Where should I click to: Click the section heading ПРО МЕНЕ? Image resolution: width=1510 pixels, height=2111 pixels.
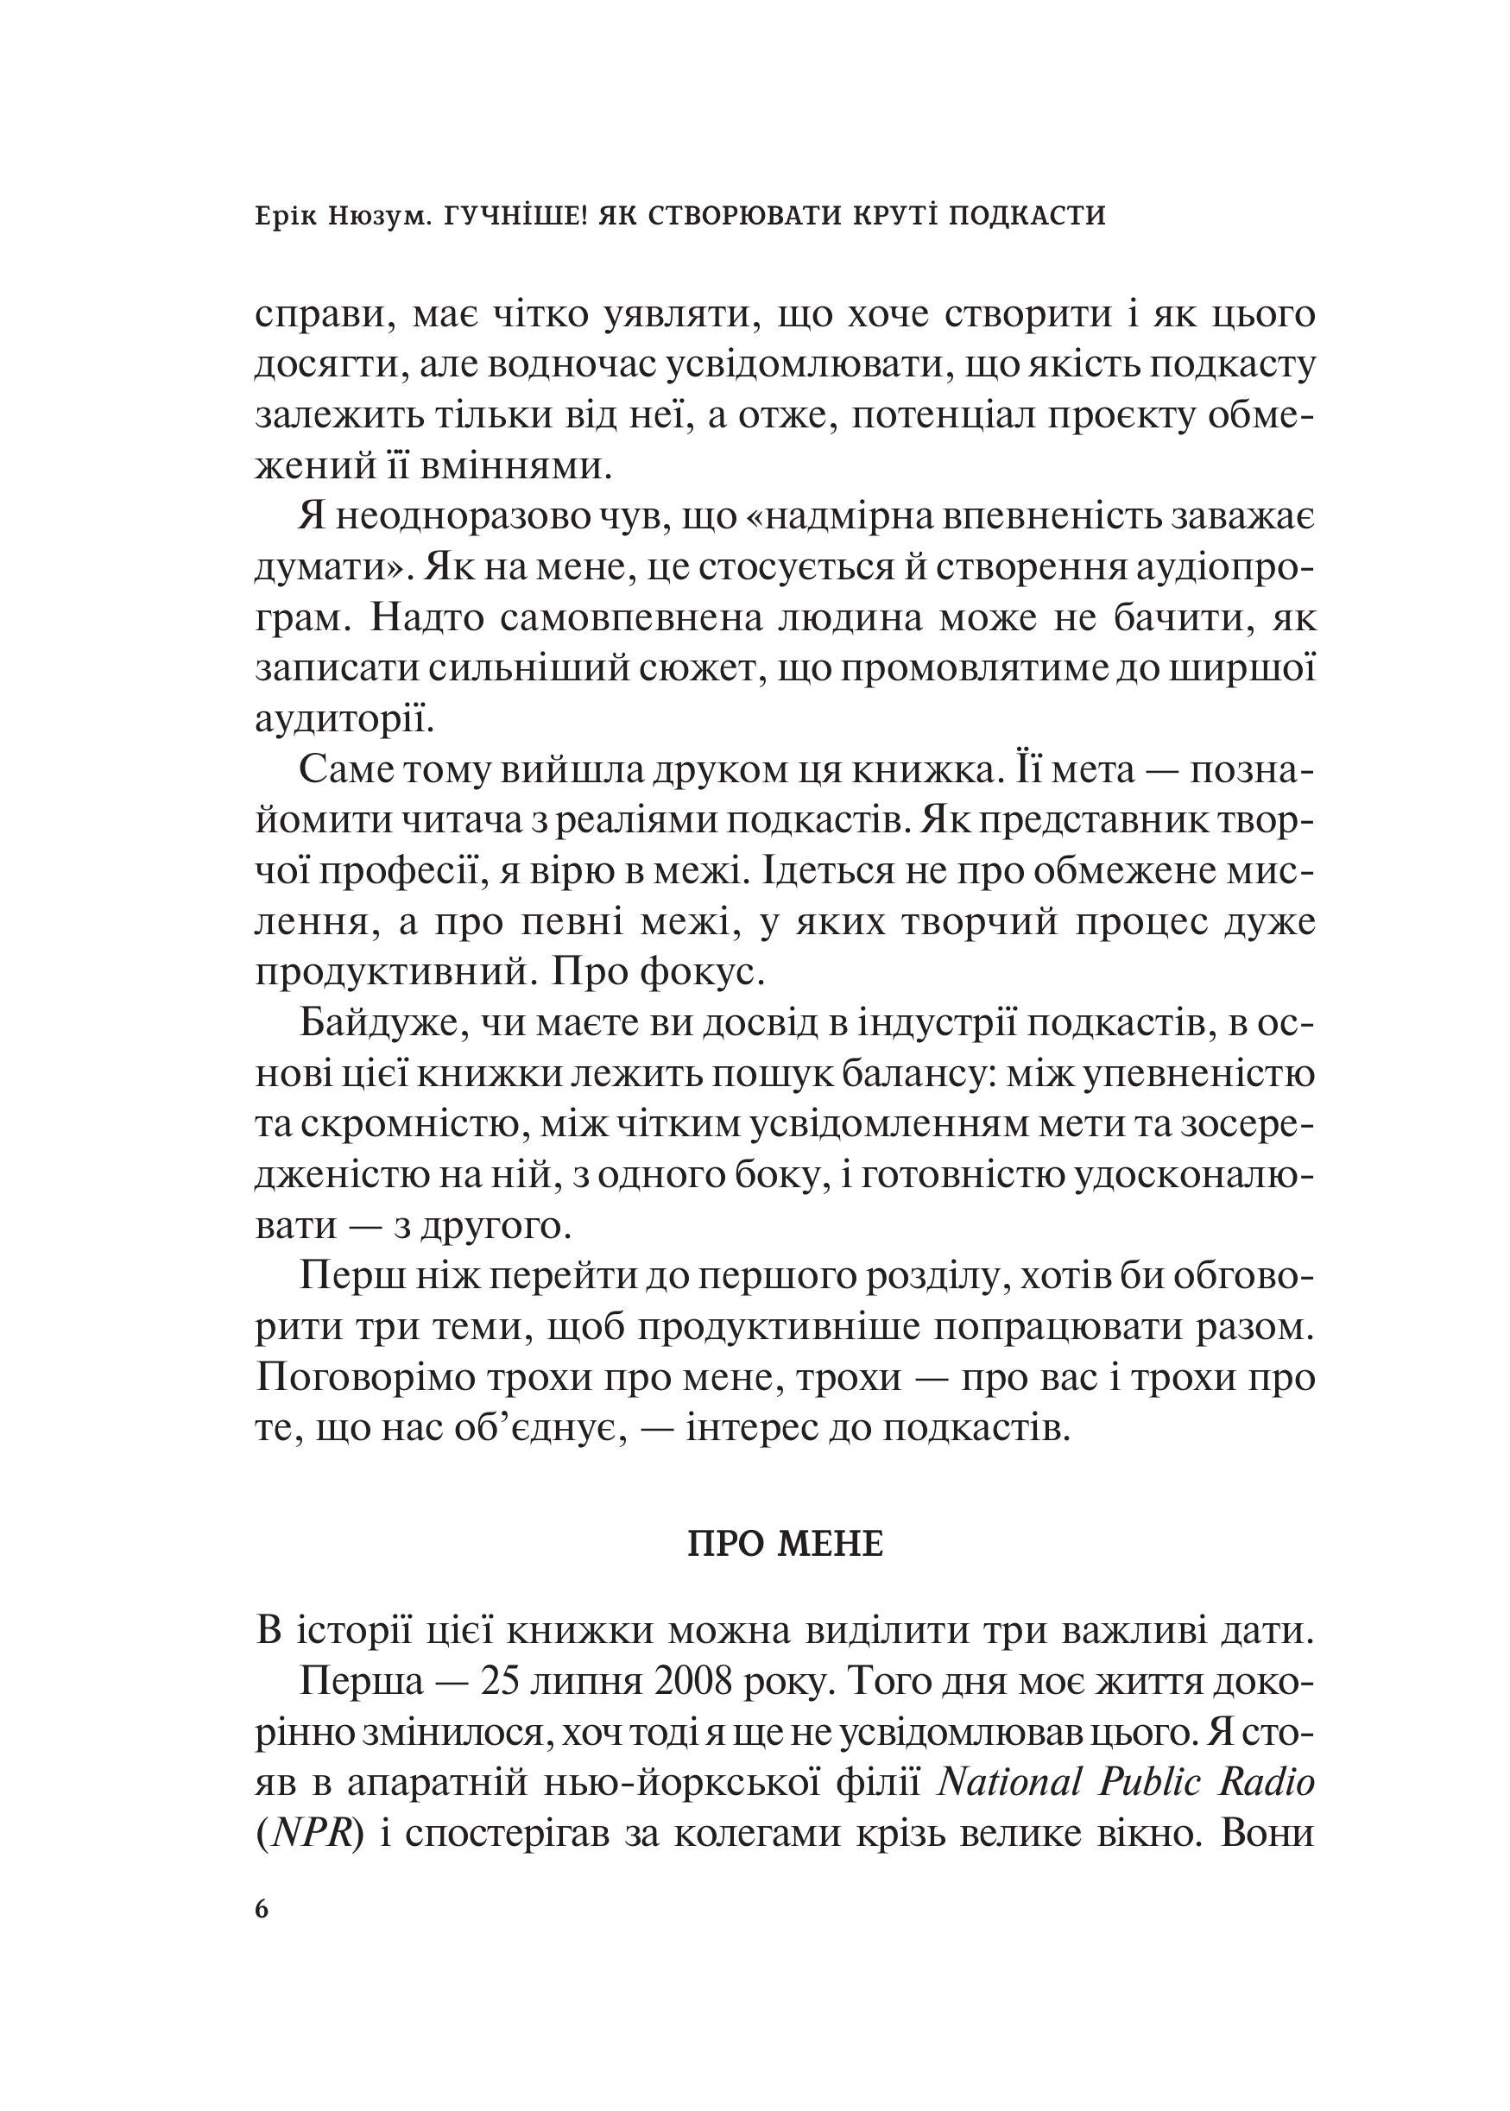tap(786, 1545)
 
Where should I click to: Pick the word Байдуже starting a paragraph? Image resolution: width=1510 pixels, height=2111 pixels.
tap(373, 1024)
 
